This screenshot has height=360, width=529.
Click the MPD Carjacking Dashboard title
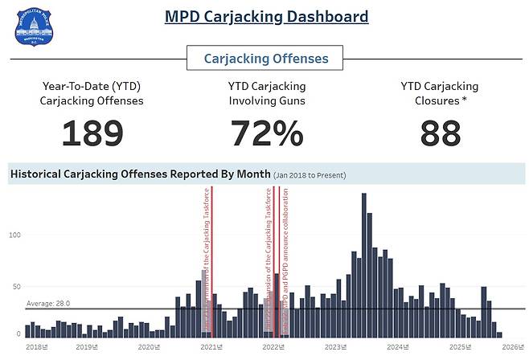click(x=266, y=16)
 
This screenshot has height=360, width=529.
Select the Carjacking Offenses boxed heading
click(x=265, y=59)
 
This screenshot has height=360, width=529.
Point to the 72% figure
click(x=266, y=133)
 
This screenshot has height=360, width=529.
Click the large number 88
click(x=440, y=133)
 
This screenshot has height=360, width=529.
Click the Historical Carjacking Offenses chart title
click(x=138, y=174)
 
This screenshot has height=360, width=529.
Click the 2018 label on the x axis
click(x=35, y=347)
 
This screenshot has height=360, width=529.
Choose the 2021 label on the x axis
click(x=211, y=347)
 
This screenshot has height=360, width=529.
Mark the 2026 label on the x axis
click(x=511, y=347)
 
